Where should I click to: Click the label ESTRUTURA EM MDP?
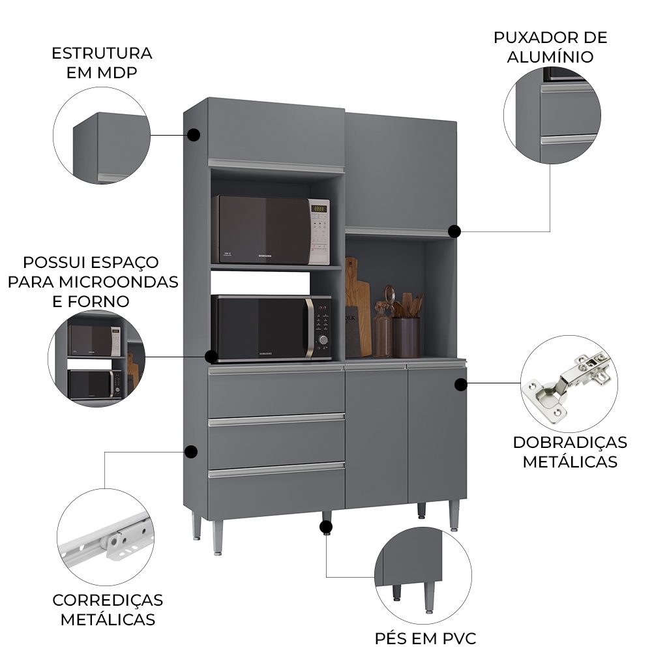coord(102,63)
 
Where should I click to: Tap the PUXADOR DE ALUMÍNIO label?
coord(551,47)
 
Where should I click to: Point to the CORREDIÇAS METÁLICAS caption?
coord(108,609)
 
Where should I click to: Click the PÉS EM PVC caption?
coord(425,638)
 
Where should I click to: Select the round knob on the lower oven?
coord(323,340)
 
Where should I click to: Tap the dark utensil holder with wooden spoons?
coord(406,336)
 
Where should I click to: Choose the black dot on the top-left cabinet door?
coord(193,135)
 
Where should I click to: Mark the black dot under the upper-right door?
coord(454,231)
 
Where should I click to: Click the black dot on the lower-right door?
coord(460,385)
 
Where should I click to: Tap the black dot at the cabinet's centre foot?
coord(326,526)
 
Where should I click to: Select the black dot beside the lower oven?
coord(211,357)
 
